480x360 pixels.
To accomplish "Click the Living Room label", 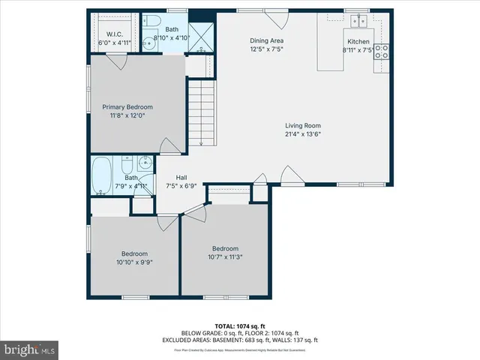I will pyautogui.click(x=303, y=126).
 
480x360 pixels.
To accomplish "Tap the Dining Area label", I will pyautogui.click(x=266, y=40).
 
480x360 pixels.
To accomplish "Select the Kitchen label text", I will pyautogui.click(x=358, y=42).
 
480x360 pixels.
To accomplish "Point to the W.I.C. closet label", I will pyautogui.click(x=115, y=34).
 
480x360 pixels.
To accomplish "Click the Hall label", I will pyautogui.click(x=181, y=177).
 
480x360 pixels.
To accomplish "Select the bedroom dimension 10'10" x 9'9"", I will pyautogui.click(x=135, y=262).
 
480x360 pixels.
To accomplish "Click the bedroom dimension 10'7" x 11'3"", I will pyautogui.click(x=224, y=257).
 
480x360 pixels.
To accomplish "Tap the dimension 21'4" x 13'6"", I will pyautogui.click(x=303, y=135).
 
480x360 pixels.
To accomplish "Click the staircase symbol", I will pyautogui.click(x=200, y=113).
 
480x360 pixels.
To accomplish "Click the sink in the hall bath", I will pyautogui.click(x=145, y=162).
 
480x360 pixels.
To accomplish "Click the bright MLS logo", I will pyautogui.click(x=29, y=349).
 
